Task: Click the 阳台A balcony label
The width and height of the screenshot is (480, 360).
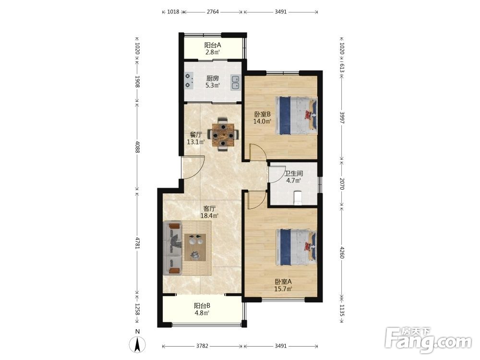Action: [213, 45]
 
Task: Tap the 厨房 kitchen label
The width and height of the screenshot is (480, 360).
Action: [213, 78]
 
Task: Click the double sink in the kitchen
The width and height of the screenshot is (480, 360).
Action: [236, 83]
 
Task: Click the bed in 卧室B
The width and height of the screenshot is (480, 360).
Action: [296, 115]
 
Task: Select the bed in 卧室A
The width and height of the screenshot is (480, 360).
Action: [296, 247]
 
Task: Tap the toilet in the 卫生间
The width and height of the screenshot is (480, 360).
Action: [297, 198]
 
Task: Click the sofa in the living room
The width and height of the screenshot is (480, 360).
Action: [172, 248]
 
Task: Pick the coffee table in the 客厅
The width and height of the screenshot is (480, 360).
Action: [195, 247]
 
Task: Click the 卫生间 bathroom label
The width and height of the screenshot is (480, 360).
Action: [294, 174]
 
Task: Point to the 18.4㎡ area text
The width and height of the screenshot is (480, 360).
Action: [209, 216]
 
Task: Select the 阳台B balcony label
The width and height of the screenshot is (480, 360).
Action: [202, 305]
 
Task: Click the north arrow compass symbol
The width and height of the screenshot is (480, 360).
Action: [138, 344]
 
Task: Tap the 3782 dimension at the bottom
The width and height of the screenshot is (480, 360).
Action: [202, 346]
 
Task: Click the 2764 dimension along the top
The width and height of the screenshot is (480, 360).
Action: [213, 12]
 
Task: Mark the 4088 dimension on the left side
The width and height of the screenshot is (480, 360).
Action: [137, 147]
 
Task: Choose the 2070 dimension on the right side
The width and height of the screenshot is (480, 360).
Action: [342, 184]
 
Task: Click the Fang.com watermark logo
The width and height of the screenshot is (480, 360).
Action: [428, 340]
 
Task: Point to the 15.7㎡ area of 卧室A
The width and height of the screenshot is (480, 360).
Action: [283, 288]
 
